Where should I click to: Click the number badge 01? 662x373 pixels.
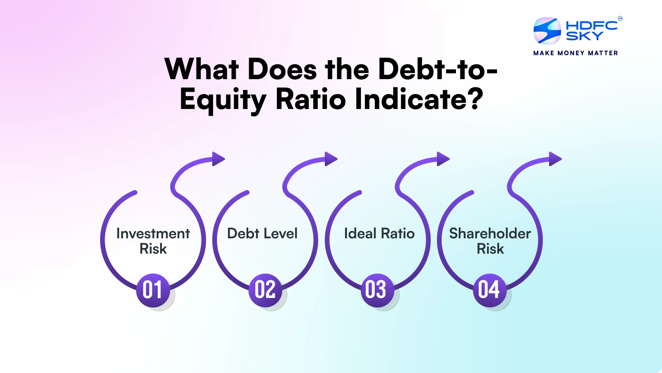153,290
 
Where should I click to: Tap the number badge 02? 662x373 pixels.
265,290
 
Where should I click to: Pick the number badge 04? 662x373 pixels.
489,290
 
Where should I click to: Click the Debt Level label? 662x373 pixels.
262,234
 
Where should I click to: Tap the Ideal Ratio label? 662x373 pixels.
379,234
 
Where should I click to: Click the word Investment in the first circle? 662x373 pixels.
153,234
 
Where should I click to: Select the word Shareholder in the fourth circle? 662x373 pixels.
490,234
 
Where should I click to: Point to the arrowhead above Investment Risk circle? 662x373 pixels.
218,159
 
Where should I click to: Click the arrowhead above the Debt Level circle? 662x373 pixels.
331,159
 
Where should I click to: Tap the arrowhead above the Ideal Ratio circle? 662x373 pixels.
443,159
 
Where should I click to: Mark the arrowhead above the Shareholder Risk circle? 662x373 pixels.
555,159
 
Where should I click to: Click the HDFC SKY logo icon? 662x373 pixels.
547,31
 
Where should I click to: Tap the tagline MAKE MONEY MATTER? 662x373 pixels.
576,53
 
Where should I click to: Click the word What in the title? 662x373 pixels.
201,69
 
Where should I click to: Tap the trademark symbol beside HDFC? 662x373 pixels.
620,18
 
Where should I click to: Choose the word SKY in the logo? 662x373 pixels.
584,36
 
